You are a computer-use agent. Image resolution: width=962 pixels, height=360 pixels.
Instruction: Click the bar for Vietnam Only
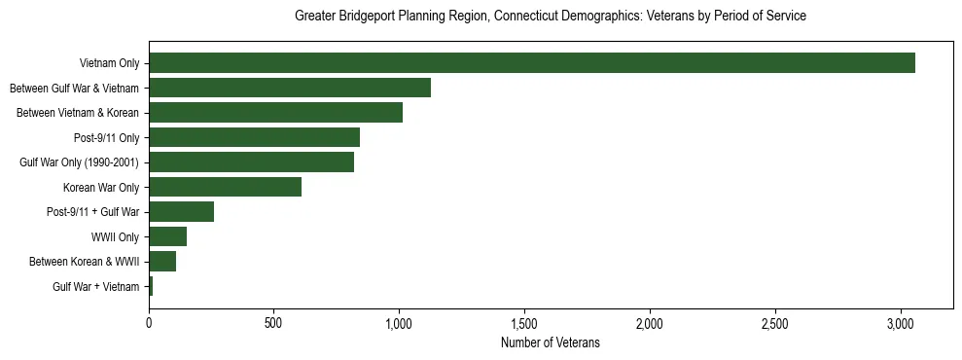(x=531, y=63)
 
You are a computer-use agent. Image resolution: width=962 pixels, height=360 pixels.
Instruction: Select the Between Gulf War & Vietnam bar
(x=289, y=88)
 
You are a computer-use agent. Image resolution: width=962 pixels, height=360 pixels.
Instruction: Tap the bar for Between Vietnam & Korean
(x=275, y=113)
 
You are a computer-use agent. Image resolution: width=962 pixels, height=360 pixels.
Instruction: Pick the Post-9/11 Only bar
(x=254, y=137)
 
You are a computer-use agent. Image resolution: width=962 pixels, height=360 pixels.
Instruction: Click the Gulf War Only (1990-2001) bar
(x=251, y=162)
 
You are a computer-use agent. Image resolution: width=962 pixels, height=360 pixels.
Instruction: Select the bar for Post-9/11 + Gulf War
(x=181, y=212)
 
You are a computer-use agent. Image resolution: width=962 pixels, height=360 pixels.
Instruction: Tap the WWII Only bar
(x=167, y=236)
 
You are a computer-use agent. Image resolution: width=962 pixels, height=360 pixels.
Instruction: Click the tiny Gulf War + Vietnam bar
(x=151, y=286)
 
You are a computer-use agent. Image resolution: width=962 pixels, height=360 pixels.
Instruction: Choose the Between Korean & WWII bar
(x=162, y=262)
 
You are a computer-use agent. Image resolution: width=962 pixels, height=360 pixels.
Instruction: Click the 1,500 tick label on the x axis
(x=524, y=322)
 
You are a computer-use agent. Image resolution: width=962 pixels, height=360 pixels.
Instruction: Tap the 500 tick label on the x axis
(x=273, y=322)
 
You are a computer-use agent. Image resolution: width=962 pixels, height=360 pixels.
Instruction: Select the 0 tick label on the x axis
(x=149, y=322)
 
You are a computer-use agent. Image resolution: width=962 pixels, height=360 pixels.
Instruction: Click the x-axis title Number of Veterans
(x=550, y=343)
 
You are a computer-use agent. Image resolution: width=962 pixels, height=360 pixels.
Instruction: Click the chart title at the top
(x=550, y=17)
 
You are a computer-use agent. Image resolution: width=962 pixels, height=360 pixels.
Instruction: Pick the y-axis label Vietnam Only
(x=109, y=63)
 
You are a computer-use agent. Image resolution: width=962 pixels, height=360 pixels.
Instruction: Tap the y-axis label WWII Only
(x=115, y=236)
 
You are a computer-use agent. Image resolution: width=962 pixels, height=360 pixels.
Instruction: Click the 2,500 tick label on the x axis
(x=775, y=322)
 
